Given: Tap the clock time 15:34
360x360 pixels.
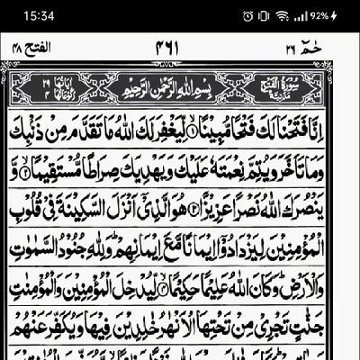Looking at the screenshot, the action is (24, 15).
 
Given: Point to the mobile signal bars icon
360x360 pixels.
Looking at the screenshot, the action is (298, 16).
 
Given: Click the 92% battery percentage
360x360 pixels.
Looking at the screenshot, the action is (319, 16).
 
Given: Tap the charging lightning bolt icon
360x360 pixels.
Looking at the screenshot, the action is (335, 16).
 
